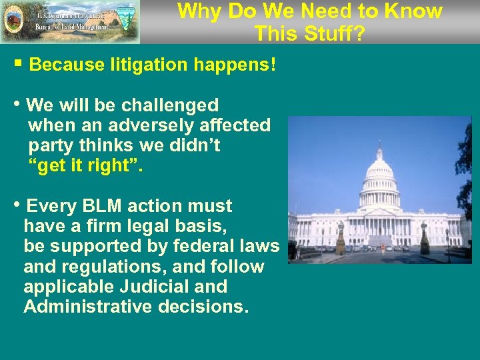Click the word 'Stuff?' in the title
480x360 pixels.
[x=333, y=33]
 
